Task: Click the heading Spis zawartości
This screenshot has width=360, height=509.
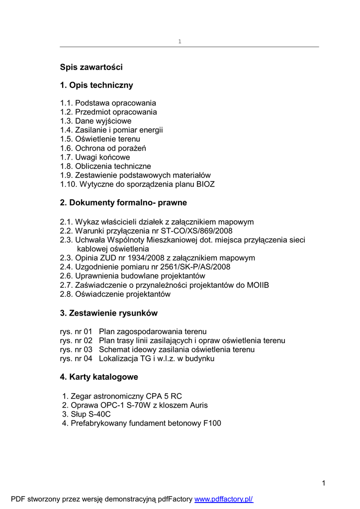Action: coord(91,67)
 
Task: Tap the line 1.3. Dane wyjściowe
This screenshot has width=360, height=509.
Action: coord(96,121)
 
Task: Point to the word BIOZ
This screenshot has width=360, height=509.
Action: coord(204,184)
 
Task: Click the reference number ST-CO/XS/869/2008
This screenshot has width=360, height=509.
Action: coord(196,231)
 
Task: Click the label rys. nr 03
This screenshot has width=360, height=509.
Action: coord(76,349)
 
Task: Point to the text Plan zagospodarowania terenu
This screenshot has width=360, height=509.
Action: coord(153,332)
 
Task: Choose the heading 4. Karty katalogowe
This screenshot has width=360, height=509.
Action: coord(99,377)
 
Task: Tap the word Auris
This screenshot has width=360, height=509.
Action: coord(197,405)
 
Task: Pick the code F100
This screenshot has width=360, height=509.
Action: coord(211,423)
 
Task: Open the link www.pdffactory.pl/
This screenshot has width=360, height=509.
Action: coord(224,499)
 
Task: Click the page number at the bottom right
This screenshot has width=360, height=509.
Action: coord(323,483)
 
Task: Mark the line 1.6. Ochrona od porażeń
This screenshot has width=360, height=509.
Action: coord(103,148)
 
